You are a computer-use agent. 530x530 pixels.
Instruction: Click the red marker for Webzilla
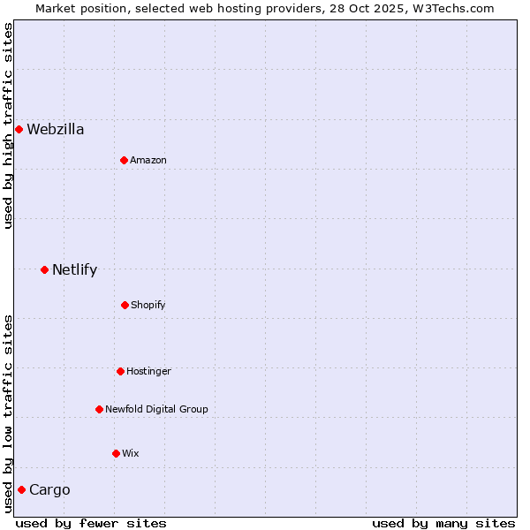pyautogui.click(x=19, y=130)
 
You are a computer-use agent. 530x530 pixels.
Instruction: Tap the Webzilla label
pyautogui.click(x=56, y=130)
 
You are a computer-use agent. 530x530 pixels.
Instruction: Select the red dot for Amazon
pyautogui.click(x=124, y=160)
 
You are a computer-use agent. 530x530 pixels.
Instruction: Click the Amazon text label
pyautogui.click(x=148, y=160)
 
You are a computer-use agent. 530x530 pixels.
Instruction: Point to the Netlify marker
pyautogui.click(x=44, y=269)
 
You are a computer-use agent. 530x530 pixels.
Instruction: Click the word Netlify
pyautogui.click(x=75, y=270)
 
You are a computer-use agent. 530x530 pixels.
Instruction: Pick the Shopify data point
pyautogui.click(x=125, y=305)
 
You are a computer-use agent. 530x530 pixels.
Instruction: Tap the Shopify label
pyautogui.click(x=148, y=305)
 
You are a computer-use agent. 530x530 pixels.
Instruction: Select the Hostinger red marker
pyautogui.click(x=120, y=371)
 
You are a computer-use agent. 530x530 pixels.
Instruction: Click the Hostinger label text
pyautogui.click(x=148, y=371)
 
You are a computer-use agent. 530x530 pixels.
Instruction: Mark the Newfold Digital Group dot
pyautogui.click(x=99, y=409)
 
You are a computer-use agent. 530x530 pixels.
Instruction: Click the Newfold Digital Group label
pyautogui.click(x=156, y=409)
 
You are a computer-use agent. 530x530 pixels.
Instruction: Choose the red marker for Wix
pyautogui.click(x=116, y=453)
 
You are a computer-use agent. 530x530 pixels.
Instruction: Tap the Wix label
pyautogui.click(x=131, y=453)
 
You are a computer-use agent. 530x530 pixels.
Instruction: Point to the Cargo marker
pyautogui.click(x=21, y=489)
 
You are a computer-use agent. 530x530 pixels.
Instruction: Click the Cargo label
pyautogui.click(x=49, y=490)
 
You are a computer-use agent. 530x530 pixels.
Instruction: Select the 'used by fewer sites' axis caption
pyautogui.click(x=91, y=523)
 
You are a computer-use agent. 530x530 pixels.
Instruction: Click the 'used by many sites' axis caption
pyautogui.click(x=443, y=523)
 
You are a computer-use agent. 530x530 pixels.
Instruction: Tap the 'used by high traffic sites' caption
pyautogui.click(x=9, y=125)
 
